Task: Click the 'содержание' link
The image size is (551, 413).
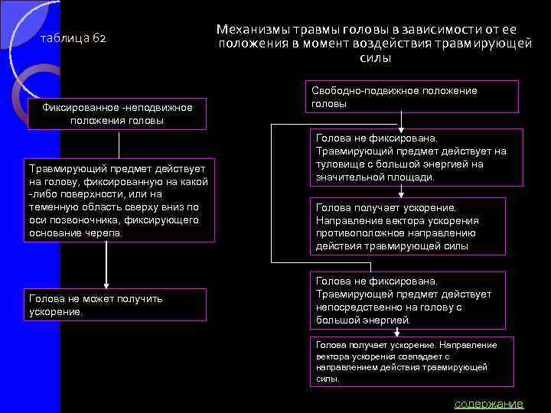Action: pos(488,404)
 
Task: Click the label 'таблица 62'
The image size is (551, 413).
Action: pos(73,38)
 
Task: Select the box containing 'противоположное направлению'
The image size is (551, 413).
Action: pos(409,226)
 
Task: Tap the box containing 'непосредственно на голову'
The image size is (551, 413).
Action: pos(408,301)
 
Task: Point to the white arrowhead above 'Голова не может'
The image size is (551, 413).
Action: pos(106,282)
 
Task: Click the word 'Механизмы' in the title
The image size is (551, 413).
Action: pos(251,28)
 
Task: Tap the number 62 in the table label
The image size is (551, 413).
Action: pos(99,38)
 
